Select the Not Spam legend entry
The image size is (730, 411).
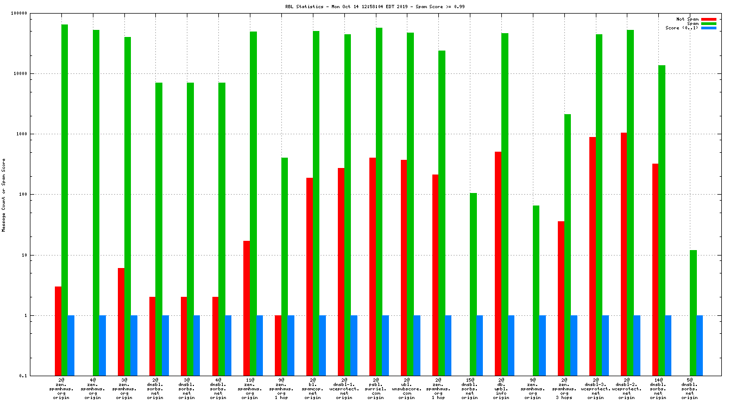click(x=687, y=19)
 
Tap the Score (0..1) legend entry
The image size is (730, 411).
click(x=682, y=28)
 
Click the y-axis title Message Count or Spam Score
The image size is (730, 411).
click(x=4, y=195)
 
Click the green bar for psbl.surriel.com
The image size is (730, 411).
click(x=379, y=201)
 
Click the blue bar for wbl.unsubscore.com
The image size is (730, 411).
click(x=417, y=345)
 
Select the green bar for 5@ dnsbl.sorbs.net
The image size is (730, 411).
click(x=693, y=313)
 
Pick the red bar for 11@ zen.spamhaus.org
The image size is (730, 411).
click(x=247, y=308)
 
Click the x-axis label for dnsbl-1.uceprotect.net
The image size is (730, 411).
click(x=344, y=389)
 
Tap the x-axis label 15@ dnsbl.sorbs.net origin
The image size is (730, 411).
click(x=470, y=389)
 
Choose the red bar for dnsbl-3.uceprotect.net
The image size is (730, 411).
click(x=593, y=256)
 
